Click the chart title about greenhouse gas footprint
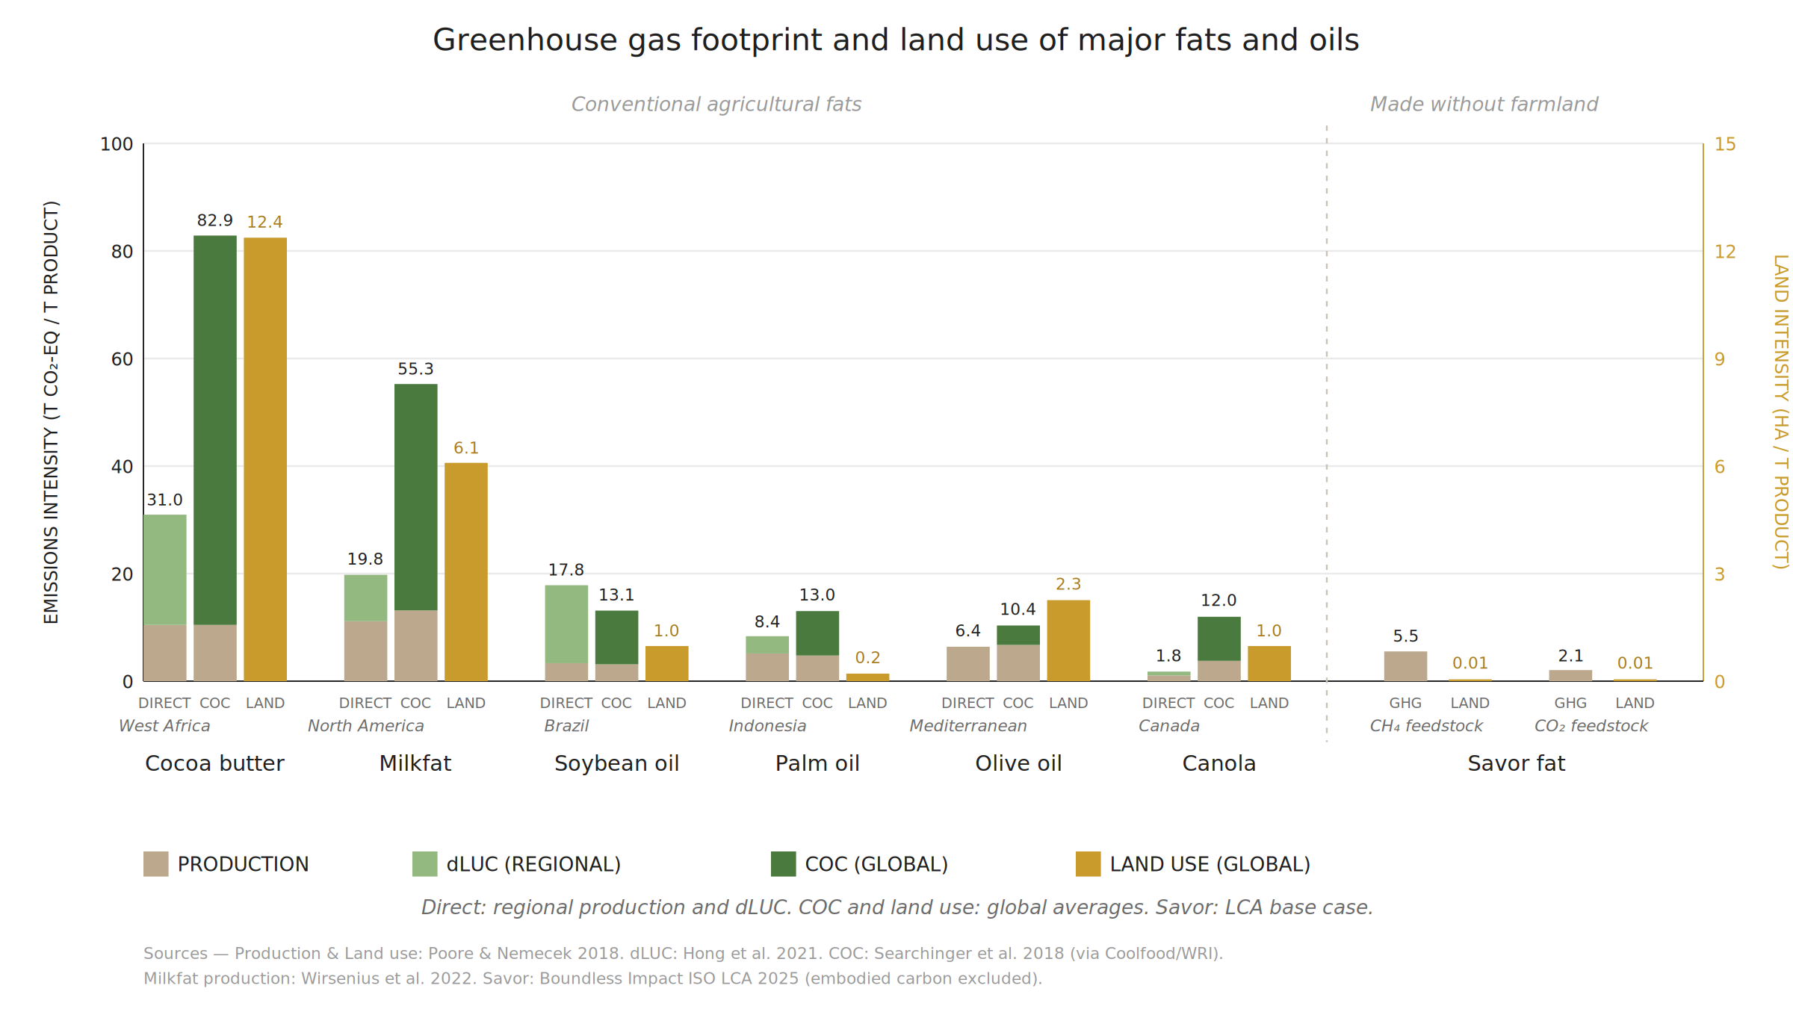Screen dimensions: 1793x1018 coord(896,40)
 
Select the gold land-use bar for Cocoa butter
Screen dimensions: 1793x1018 coord(265,459)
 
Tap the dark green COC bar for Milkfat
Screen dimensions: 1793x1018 coord(416,497)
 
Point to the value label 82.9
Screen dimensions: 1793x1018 coord(215,220)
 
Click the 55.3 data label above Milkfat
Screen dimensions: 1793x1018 coord(415,369)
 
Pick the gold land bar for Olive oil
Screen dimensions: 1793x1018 coord(1068,640)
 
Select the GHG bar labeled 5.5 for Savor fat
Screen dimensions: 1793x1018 coord(1405,666)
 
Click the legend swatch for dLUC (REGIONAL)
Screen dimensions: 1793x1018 coord(425,863)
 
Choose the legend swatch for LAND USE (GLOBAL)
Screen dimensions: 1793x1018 coord(1089,863)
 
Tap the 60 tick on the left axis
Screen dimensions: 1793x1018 coord(122,359)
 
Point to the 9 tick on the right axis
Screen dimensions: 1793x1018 coord(1720,359)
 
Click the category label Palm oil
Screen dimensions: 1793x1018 coord(817,763)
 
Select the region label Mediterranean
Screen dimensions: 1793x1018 coord(968,726)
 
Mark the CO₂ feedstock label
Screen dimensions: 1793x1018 coord(1591,726)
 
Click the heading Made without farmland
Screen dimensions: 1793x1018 coord(1484,105)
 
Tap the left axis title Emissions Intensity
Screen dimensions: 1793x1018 coord(51,412)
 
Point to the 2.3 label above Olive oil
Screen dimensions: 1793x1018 coord(1068,584)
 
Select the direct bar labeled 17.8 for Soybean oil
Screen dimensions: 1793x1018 coord(566,633)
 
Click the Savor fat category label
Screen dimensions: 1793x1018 coord(1517,763)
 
